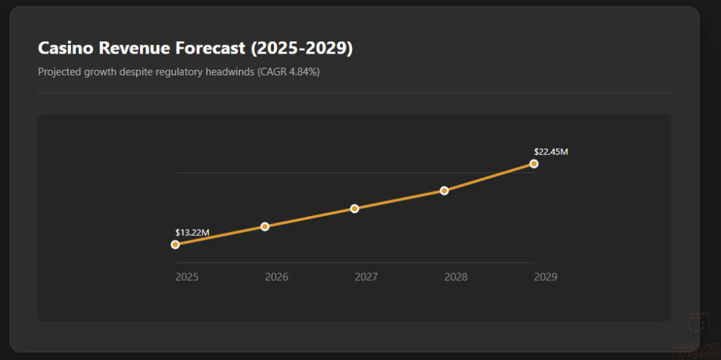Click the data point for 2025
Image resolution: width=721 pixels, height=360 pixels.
[175, 244]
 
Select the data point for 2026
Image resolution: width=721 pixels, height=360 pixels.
[265, 226]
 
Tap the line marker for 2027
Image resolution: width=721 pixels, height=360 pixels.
[355, 209]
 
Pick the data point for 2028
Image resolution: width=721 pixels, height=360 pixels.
[444, 190]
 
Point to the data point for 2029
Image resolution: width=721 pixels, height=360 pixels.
[534, 163]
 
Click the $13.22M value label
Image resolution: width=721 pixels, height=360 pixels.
[192, 232]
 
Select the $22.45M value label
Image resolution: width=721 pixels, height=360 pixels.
[551, 151]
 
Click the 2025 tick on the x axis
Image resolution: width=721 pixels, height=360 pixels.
[187, 277]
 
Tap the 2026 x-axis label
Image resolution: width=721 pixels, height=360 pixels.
[277, 277]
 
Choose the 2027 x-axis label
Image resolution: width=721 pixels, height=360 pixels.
[366, 277]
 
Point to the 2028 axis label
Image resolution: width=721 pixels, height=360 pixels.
[456, 277]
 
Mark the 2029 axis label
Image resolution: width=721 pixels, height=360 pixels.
[546, 277]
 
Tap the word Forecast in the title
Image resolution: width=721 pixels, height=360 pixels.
[211, 48]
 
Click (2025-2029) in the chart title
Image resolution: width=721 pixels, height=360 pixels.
[302, 48]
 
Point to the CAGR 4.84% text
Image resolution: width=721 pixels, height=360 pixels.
[289, 72]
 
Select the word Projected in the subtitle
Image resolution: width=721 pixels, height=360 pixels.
[59, 72]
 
